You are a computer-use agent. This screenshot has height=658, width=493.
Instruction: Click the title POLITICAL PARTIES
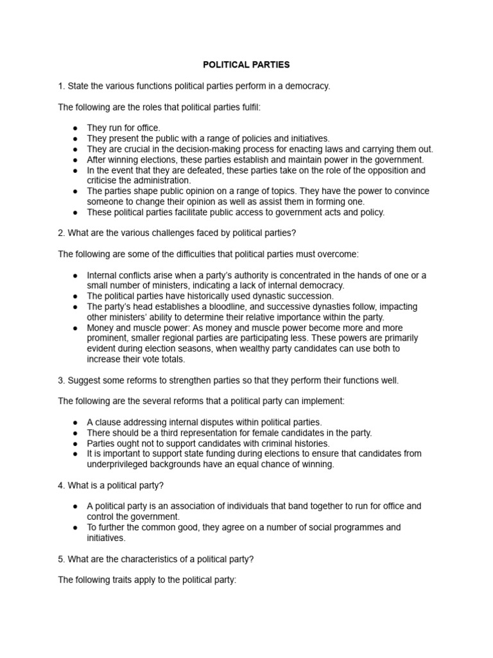(x=246, y=65)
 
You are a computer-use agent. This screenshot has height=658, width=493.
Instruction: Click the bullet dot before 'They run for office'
(x=75, y=129)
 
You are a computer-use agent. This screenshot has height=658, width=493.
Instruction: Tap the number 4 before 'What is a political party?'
(x=61, y=485)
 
